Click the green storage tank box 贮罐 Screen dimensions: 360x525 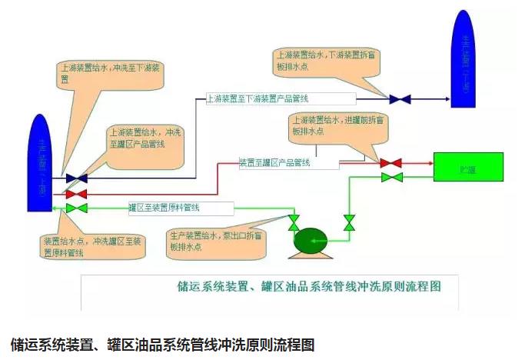click(x=468, y=167)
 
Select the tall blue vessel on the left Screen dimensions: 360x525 click(x=40, y=163)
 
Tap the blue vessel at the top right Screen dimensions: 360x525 click(x=462, y=60)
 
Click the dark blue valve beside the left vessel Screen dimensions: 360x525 click(x=76, y=178)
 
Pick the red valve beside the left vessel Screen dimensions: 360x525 click(x=76, y=194)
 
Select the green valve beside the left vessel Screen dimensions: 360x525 click(x=76, y=208)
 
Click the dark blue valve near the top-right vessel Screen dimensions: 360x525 click(x=400, y=99)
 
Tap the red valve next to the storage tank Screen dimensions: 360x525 click(x=391, y=163)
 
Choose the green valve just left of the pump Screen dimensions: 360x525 click(x=294, y=224)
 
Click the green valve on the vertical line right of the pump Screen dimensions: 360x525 click(x=349, y=223)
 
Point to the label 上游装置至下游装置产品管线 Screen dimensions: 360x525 click(x=280, y=99)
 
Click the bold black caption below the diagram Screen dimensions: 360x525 click(x=162, y=342)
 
